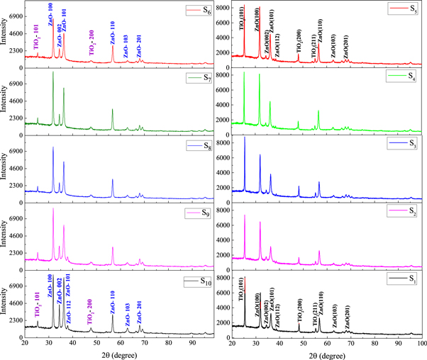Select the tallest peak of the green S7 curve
pyautogui.click(x=53, y=72)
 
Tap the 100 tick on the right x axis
pyautogui.click(x=421, y=343)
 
